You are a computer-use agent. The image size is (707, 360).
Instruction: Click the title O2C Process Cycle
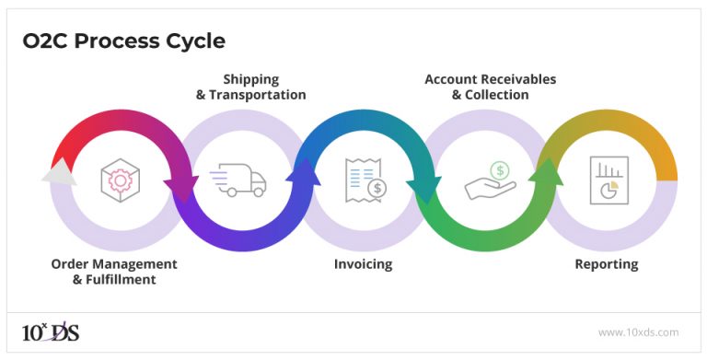(x=123, y=41)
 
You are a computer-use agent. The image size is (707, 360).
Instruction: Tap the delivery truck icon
(x=238, y=180)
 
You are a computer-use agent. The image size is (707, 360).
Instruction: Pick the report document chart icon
(x=608, y=180)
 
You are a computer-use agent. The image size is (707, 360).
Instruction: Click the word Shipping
(x=250, y=79)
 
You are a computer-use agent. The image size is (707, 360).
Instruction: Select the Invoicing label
(x=363, y=264)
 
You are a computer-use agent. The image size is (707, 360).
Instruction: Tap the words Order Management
(x=114, y=264)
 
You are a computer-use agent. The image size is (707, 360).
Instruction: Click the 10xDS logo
(x=51, y=331)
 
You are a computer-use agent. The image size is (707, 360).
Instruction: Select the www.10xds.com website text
(x=638, y=332)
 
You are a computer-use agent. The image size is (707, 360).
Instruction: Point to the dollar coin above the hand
(x=499, y=170)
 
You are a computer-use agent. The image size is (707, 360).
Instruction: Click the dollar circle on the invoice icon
(x=376, y=188)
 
